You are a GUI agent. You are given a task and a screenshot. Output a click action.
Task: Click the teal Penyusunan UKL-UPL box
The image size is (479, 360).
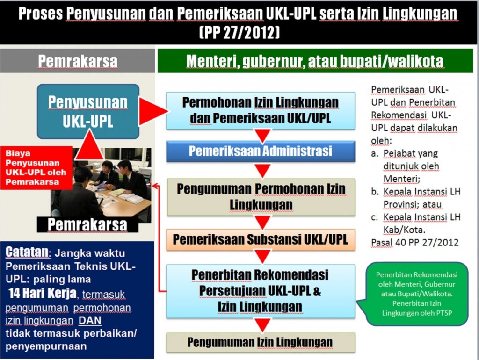[88, 111]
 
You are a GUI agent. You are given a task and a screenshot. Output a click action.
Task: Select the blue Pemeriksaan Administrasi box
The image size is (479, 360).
[261, 151]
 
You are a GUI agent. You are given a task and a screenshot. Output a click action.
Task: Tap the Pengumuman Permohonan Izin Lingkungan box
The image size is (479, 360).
[261, 197]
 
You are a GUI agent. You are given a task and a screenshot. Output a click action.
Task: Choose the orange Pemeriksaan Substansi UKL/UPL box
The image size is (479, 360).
[261, 239]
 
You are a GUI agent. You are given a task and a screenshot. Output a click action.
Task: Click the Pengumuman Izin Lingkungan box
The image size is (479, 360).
[261, 342]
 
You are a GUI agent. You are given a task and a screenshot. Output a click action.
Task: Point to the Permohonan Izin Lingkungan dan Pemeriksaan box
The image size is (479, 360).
[261, 110]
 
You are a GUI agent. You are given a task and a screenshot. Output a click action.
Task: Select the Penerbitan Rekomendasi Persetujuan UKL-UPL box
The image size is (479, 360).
[261, 291]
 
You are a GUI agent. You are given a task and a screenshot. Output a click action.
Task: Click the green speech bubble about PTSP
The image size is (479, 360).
[416, 294]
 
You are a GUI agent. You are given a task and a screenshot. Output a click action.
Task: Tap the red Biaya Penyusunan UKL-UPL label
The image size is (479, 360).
[36, 168]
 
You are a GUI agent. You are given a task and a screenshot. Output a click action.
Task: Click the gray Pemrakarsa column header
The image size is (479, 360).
[78, 61]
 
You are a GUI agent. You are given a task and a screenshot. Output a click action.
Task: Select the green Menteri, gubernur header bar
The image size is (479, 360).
[315, 61]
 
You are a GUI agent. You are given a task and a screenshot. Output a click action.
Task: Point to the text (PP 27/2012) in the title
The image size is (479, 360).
[239, 33]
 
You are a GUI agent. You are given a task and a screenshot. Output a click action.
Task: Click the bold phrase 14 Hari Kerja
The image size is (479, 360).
[43, 293]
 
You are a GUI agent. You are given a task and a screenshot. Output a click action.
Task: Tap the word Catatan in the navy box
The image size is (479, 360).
[27, 252]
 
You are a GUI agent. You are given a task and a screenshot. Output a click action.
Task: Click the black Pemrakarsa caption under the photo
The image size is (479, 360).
[87, 225]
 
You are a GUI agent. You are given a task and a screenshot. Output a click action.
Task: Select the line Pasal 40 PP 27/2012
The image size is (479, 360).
[415, 243]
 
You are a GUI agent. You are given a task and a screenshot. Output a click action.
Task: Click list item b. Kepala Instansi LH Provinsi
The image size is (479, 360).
[416, 198]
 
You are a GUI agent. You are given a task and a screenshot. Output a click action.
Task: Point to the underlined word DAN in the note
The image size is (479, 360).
[90, 321]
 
